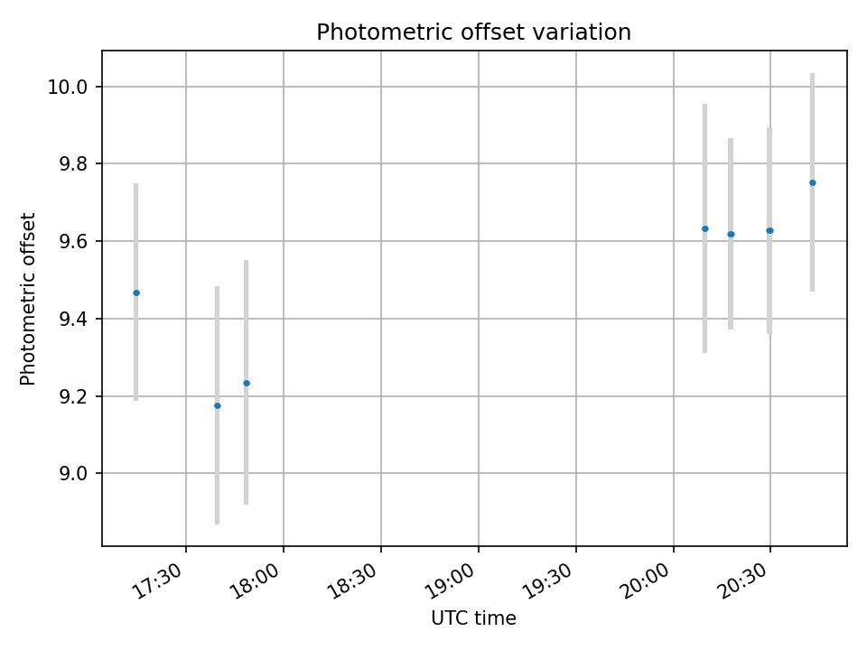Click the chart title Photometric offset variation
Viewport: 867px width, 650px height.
(x=473, y=32)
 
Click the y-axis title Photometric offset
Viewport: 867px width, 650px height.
(x=28, y=299)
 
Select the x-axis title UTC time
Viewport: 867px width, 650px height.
(x=473, y=618)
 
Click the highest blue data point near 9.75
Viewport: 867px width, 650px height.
(x=812, y=182)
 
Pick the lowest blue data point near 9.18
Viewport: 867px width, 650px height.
(x=217, y=405)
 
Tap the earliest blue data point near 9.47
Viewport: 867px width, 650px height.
(x=136, y=292)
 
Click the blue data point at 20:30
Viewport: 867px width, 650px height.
(x=769, y=230)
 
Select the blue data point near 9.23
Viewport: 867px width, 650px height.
(x=246, y=383)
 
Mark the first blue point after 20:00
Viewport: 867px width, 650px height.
(x=704, y=228)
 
